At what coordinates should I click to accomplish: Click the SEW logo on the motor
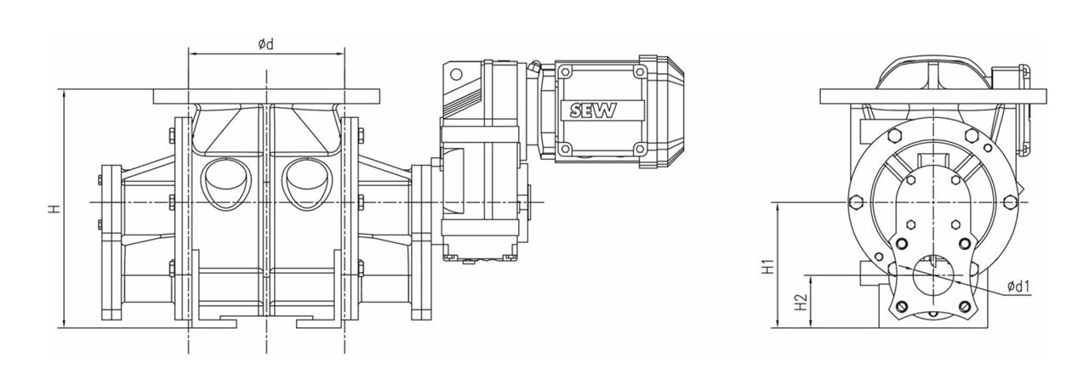(592, 110)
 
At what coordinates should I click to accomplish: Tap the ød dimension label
(266, 45)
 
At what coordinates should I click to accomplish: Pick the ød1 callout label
(1019, 287)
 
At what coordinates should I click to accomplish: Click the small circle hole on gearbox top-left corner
(455, 74)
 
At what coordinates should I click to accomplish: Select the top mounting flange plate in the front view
(266, 96)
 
